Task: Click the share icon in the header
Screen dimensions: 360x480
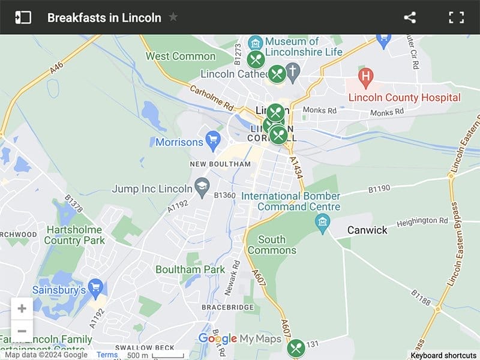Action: click(410, 17)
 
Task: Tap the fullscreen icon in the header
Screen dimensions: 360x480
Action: click(457, 17)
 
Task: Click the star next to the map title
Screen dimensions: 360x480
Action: click(173, 17)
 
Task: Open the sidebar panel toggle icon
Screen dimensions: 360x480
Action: click(23, 17)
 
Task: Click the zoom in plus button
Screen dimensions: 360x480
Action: click(22, 309)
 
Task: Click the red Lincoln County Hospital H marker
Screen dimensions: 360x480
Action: click(365, 77)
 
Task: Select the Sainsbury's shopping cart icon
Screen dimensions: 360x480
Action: click(95, 287)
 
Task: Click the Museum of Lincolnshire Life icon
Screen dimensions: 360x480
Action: click(256, 43)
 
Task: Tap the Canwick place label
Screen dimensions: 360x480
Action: click(367, 230)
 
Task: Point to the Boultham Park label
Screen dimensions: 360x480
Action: click(190, 269)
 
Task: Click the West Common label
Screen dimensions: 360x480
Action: click(181, 56)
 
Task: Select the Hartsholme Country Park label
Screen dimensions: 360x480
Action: click(74, 235)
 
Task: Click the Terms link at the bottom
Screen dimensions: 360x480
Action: click(107, 355)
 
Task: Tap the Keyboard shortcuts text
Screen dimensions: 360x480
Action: click(443, 355)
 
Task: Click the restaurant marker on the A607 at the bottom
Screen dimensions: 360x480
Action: click(296, 348)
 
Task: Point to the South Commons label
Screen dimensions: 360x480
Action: click(272, 245)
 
